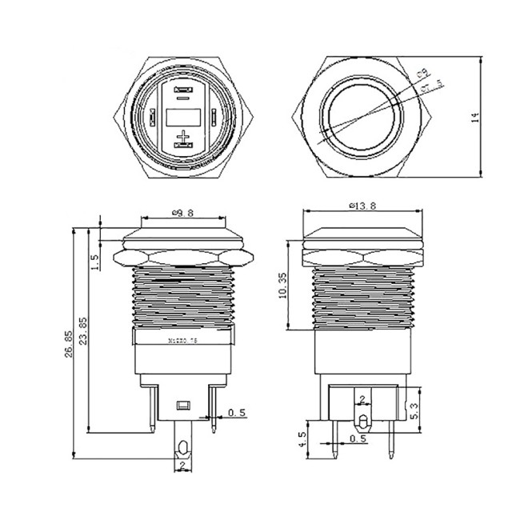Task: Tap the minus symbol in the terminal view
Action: click(184, 98)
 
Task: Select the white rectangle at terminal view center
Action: click(184, 118)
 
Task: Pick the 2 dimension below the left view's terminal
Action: click(183, 464)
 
